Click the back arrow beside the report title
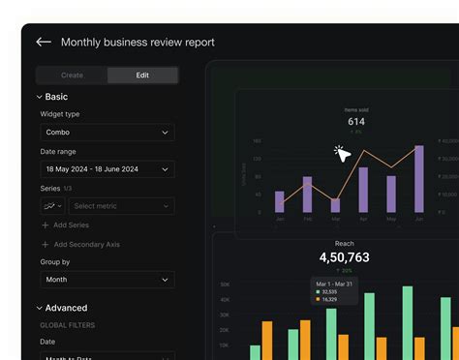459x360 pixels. click(43, 42)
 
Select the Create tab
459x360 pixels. click(72, 75)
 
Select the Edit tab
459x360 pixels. click(142, 75)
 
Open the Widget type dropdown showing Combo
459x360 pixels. click(107, 132)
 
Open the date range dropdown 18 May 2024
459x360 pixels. click(107, 168)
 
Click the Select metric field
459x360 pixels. click(120, 206)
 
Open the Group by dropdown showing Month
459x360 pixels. click(107, 280)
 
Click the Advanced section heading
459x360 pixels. click(65, 308)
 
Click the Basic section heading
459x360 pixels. click(56, 97)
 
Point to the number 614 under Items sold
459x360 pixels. click(356, 122)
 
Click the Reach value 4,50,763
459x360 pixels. click(344, 257)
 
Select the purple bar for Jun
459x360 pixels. click(419, 180)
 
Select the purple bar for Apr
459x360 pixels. click(363, 190)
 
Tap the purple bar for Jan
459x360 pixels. click(280, 201)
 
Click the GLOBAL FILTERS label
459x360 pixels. click(68, 325)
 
